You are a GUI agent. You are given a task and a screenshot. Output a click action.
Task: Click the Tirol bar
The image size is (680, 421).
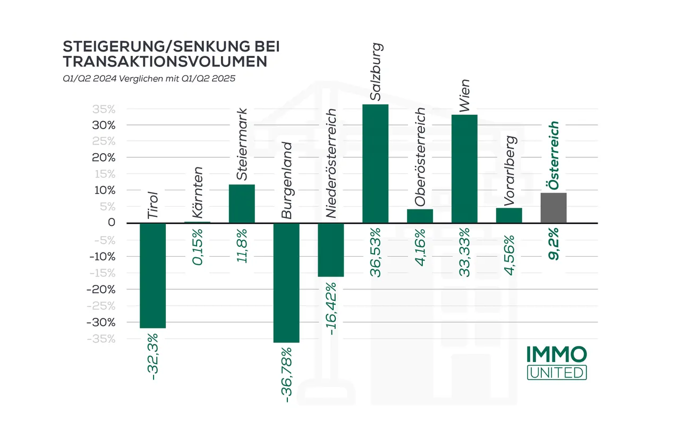(152, 275)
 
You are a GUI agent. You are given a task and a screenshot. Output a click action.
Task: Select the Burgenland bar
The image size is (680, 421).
(286, 282)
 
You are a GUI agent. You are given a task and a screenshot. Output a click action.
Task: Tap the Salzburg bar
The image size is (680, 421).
(376, 163)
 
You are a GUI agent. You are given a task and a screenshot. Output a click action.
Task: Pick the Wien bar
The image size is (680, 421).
(464, 169)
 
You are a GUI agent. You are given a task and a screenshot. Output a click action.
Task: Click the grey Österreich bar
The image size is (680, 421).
(554, 208)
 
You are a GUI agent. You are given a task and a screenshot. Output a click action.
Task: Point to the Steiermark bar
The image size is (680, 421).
(242, 204)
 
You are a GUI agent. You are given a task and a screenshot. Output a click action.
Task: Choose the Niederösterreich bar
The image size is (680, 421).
(331, 249)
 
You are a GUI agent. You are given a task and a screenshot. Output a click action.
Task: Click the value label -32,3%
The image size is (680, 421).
(153, 356)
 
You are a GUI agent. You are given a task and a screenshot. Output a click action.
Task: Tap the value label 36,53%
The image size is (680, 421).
(376, 253)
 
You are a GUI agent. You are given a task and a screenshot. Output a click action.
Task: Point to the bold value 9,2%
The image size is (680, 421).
(554, 243)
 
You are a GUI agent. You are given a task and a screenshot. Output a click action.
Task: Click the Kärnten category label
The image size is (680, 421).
(197, 193)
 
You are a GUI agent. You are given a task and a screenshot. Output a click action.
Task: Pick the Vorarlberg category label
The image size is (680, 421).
(509, 171)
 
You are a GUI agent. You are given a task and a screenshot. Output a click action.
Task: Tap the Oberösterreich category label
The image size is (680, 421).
(420, 157)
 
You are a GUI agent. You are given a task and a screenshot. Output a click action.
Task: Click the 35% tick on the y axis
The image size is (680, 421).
(104, 110)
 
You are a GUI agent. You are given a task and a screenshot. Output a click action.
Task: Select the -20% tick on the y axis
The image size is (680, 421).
(101, 289)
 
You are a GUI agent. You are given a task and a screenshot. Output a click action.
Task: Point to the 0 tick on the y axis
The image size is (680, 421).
(111, 223)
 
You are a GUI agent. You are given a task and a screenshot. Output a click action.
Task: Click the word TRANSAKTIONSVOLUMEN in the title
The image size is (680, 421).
(165, 62)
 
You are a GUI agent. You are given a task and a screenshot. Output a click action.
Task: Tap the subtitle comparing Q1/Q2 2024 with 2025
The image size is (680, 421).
(148, 78)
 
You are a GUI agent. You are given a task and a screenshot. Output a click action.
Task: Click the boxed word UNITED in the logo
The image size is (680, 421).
(557, 372)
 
